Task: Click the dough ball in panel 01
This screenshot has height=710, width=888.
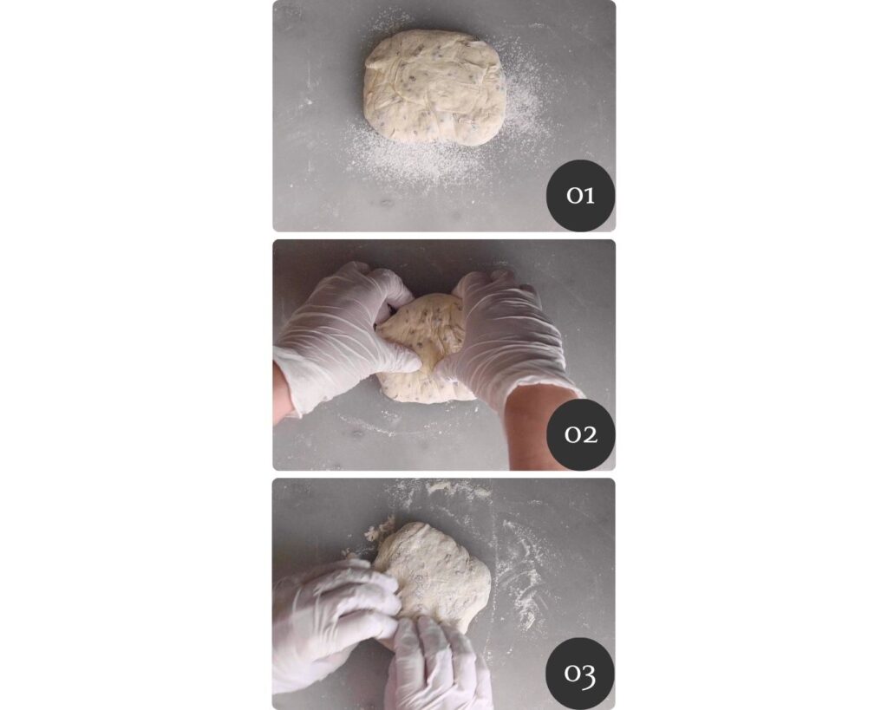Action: [x=434, y=86]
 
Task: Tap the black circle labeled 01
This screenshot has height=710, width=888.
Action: [x=580, y=195]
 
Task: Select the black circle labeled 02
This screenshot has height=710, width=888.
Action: [x=580, y=434]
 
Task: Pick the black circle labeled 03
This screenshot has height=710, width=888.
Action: [x=580, y=674]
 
